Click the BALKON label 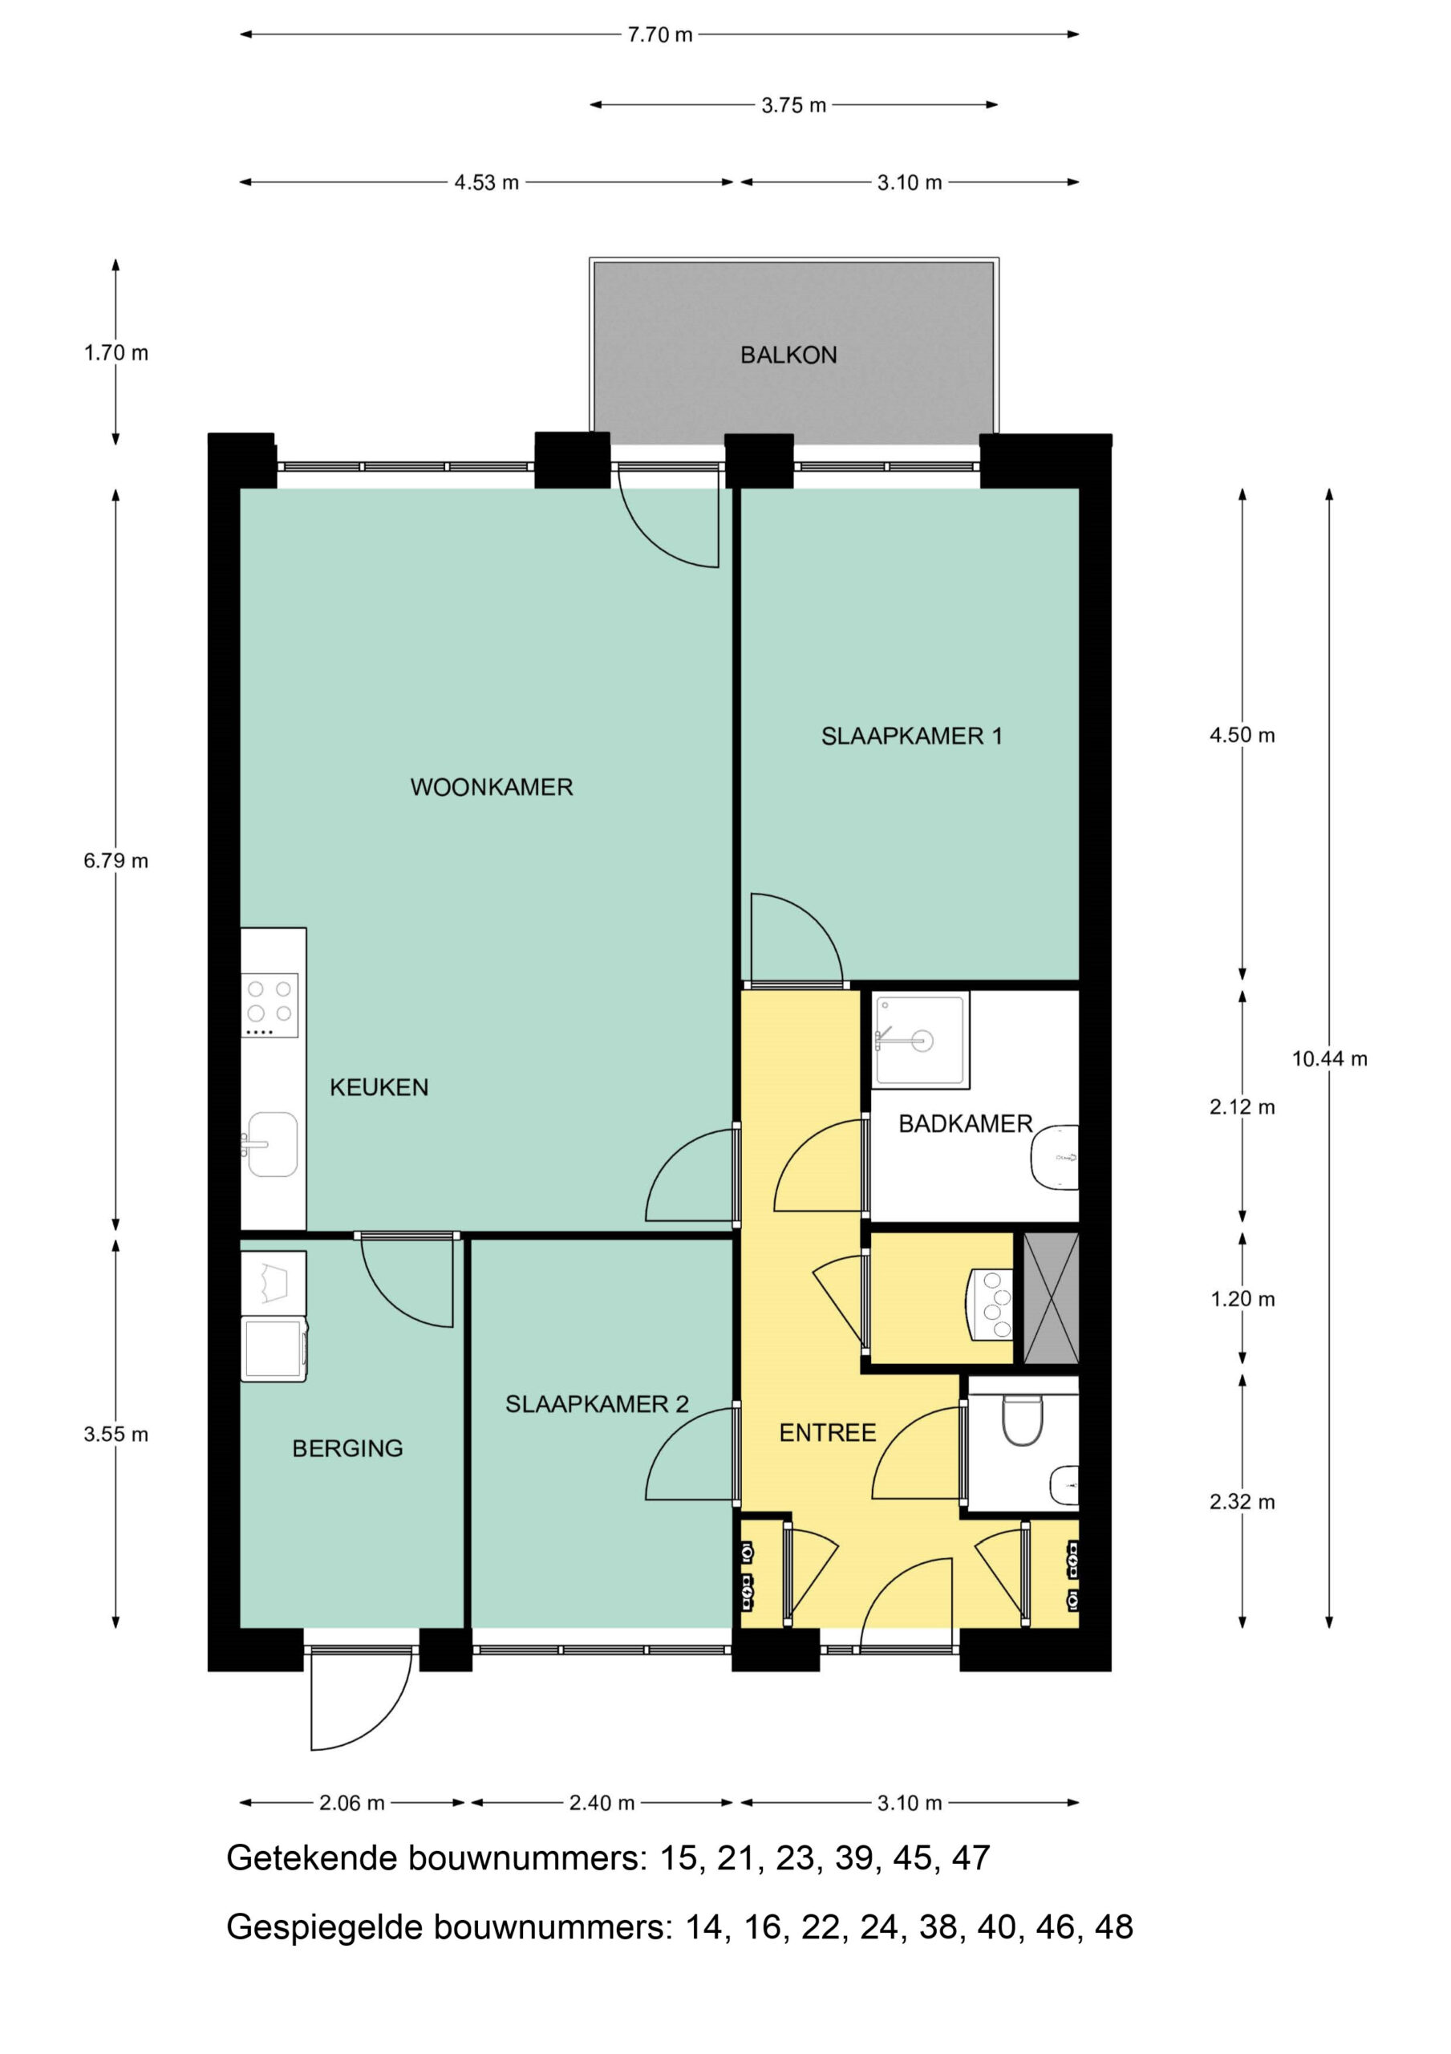[x=788, y=355]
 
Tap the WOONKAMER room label [x=491, y=787]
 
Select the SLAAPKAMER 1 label [x=911, y=737]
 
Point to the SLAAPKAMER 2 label [x=597, y=1405]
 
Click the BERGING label [x=347, y=1448]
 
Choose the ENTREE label [x=828, y=1433]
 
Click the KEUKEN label [x=379, y=1088]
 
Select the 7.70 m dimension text [x=660, y=35]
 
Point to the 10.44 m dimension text [x=1329, y=1059]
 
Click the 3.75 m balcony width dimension [x=793, y=106]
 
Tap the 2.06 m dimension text [x=351, y=1803]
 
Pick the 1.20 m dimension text [x=1242, y=1299]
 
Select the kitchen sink [x=272, y=1144]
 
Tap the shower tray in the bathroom [x=921, y=1041]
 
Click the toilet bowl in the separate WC [x=1023, y=1421]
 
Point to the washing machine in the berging [x=274, y=1348]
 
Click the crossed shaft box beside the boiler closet [x=1051, y=1298]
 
